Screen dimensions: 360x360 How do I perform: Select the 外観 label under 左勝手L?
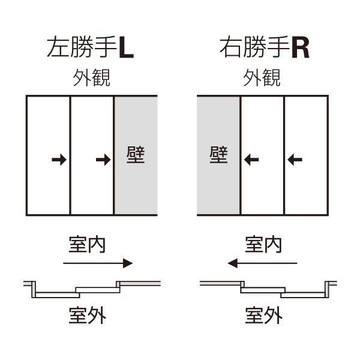(91, 79)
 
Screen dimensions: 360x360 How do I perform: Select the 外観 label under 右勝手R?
(262, 79)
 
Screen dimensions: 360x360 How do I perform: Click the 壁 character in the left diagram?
(136, 155)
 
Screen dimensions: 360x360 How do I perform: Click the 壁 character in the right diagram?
(218, 155)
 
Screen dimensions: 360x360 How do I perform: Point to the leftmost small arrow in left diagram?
(59, 160)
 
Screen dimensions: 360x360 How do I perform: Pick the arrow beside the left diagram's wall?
(103, 160)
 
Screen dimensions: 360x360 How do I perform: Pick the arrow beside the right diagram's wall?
(251, 160)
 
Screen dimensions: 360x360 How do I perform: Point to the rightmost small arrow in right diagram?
(295, 160)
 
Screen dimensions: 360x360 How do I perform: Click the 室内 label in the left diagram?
(87, 245)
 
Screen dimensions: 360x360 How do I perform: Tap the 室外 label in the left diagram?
(87, 315)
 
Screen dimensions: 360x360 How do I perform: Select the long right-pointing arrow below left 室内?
(98, 263)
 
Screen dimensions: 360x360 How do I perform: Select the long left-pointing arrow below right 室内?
(263, 263)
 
